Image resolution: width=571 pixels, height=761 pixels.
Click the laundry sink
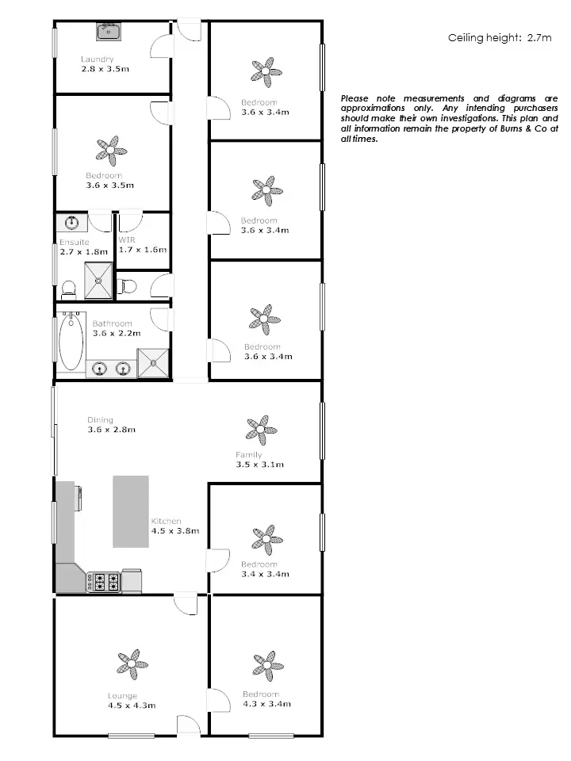[108, 32]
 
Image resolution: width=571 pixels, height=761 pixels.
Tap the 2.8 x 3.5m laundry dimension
[105, 70]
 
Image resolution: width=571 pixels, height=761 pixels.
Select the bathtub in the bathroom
[71, 342]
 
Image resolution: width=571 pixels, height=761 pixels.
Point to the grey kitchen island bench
[130, 511]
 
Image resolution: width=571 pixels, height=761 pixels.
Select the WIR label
[127, 239]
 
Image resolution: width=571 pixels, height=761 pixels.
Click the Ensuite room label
[75, 243]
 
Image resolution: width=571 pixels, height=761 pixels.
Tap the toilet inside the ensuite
[68, 289]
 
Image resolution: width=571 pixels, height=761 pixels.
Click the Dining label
[101, 420]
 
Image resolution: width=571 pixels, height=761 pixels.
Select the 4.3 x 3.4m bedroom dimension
[266, 704]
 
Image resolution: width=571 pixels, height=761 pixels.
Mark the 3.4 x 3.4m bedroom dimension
[265, 574]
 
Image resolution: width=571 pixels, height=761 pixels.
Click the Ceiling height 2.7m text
[499, 38]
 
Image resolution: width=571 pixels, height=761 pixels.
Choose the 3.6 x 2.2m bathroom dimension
[116, 334]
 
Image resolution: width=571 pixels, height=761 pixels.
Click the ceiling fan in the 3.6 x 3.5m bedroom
[111, 149]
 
